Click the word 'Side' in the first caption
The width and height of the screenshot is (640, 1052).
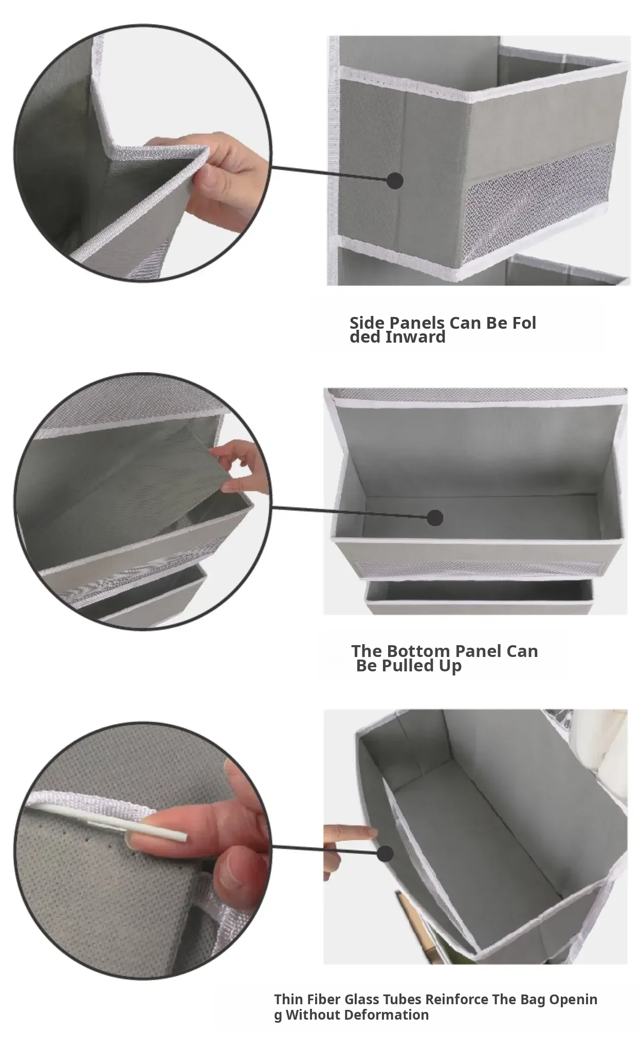(367, 323)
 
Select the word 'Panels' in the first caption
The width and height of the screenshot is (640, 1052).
(417, 323)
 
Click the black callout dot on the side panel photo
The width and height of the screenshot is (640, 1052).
(394, 180)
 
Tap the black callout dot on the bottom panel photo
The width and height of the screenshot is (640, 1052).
(435, 517)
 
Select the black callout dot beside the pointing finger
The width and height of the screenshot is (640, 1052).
(386, 854)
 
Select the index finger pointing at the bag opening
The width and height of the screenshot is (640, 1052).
(350, 831)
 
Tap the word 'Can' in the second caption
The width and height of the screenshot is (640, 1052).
(522, 651)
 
